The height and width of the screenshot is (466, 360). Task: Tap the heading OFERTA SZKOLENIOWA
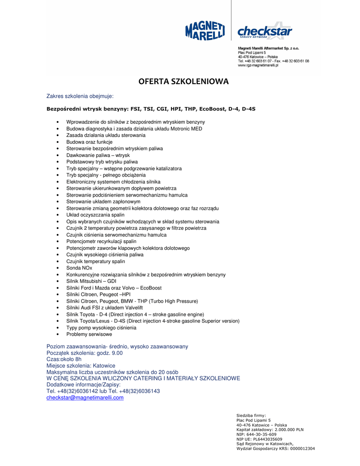(x=183, y=82)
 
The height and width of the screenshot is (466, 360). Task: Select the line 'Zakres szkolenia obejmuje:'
(x=80, y=96)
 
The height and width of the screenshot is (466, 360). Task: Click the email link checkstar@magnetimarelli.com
(x=85, y=398)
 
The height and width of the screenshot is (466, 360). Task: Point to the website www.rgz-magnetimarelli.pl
(x=258, y=66)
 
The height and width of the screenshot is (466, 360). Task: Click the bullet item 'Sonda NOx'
(x=79, y=268)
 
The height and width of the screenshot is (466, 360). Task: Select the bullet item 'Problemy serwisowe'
(x=89, y=334)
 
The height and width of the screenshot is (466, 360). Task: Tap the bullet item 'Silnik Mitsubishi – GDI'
(x=91, y=281)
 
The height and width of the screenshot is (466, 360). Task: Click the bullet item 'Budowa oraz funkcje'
(x=89, y=142)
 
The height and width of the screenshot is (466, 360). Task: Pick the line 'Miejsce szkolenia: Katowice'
(x=81, y=366)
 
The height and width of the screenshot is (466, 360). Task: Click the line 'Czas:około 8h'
(x=64, y=360)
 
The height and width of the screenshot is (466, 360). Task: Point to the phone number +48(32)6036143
(x=141, y=391)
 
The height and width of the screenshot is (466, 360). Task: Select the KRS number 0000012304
(x=299, y=449)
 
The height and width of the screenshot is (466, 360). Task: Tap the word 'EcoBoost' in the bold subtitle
(x=212, y=109)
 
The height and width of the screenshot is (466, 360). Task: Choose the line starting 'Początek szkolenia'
(x=85, y=353)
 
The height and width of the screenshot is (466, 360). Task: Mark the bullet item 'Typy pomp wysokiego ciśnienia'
(x=101, y=328)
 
